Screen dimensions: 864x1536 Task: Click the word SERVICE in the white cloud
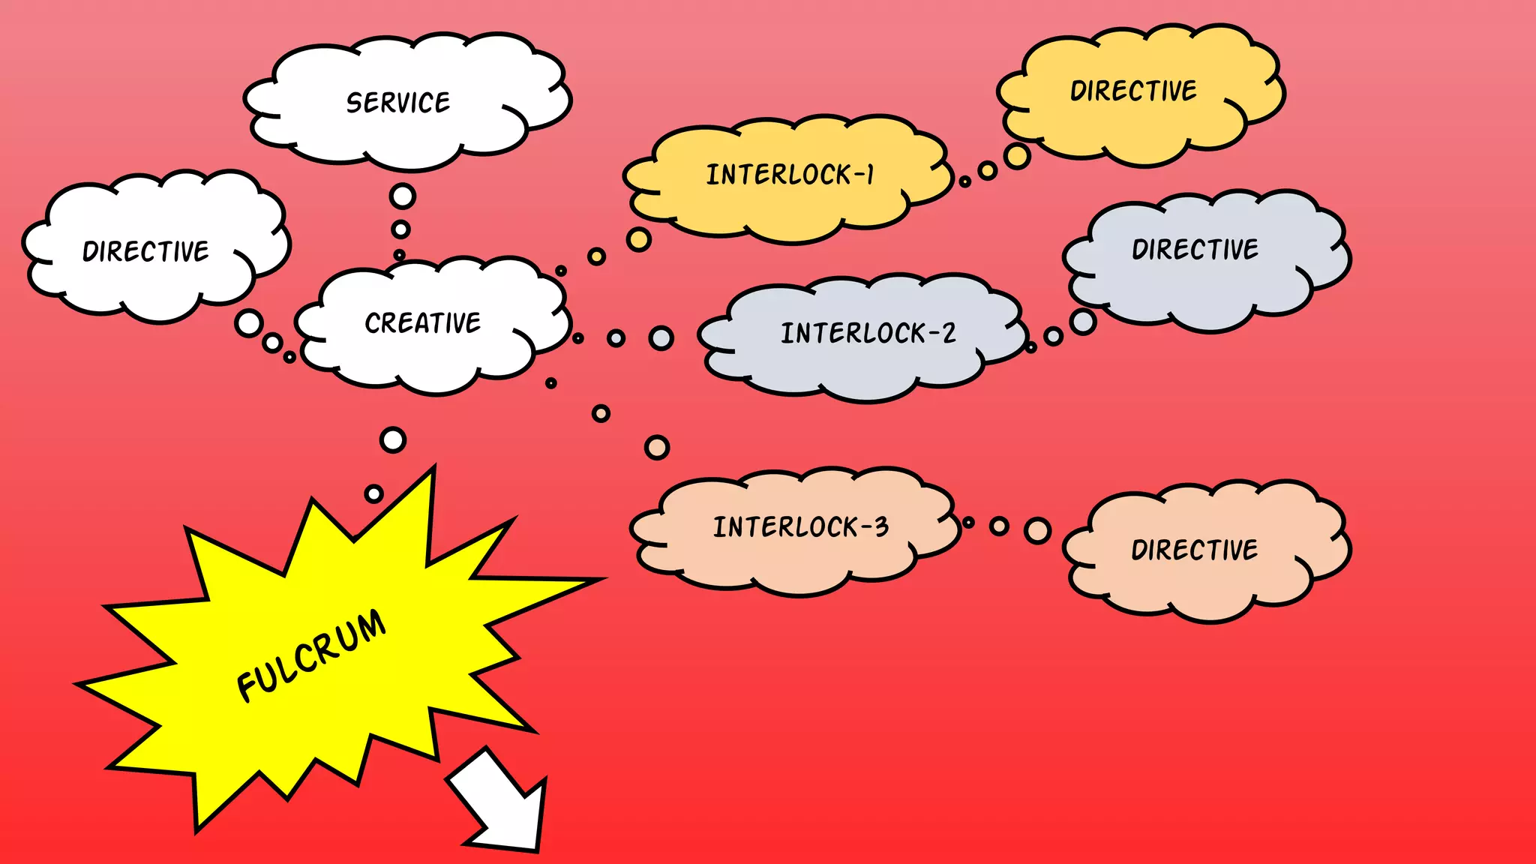click(x=397, y=103)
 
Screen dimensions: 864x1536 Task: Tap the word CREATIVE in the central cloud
click(x=422, y=322)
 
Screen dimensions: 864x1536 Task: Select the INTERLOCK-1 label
click(x=790, y=175)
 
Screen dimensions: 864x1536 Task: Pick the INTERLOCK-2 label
click(x=868, y=333)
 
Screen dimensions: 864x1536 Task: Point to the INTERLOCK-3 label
click(x=800, y=526)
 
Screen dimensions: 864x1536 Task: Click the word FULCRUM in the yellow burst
click(x=310, y=655)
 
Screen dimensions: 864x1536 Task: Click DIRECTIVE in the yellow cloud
click(x=1132, y=91)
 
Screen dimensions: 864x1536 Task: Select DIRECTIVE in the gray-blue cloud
click(x=1195, y=249)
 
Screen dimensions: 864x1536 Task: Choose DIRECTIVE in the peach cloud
click(x=1194, y=550)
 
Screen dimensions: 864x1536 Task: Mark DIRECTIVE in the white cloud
click(x=145, y=251)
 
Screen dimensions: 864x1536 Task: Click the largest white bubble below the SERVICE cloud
click(x=403, y=196)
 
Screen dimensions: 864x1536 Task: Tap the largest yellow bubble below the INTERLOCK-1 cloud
click(x=638, y=239)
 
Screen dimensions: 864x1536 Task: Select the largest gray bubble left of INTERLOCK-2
click(x=661, y=338)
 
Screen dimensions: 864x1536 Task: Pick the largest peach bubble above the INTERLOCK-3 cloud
click(x=656, y=448)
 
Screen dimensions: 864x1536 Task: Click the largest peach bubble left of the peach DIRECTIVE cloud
click(x=1037, y=530)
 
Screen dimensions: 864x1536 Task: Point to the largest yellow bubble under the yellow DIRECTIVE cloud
click(x=1017, y=156)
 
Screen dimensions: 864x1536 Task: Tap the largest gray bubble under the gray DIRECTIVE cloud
click(x=1082, y=321)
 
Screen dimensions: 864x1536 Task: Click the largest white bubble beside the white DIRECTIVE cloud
click(x=248, y=323)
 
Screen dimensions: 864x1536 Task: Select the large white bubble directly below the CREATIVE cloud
click(x=393, y=439)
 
